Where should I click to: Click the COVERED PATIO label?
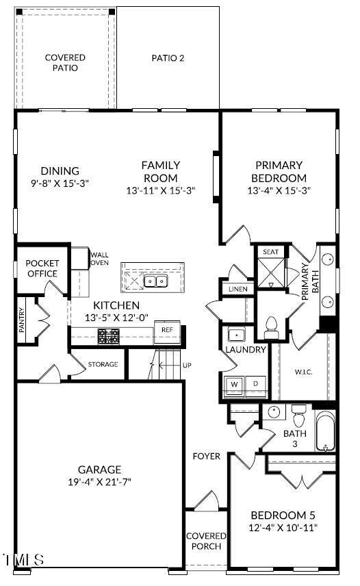click(65, 62)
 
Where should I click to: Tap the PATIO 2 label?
click(168, 58)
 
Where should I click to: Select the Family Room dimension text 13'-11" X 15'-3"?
click(161, 190)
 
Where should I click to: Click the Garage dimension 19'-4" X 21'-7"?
click(99, 482)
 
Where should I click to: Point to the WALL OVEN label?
click(100, 259)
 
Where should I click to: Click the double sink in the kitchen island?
click(156, 280)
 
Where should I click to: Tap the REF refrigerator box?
click(167, 330)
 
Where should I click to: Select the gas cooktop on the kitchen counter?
click(109, 336)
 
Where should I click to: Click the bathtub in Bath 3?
click(325, 431)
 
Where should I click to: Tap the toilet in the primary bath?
click(271, 328)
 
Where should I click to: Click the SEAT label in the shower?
click(270, 252)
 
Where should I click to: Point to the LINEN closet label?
click(238, 289)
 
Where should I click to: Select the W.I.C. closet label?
click(303, 372)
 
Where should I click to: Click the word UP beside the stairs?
click(187, 365)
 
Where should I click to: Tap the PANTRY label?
click(22, 320)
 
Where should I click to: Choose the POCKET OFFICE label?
click(42, 268)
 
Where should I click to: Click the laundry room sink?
click(236, 335)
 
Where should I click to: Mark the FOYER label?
click(207, 456)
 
